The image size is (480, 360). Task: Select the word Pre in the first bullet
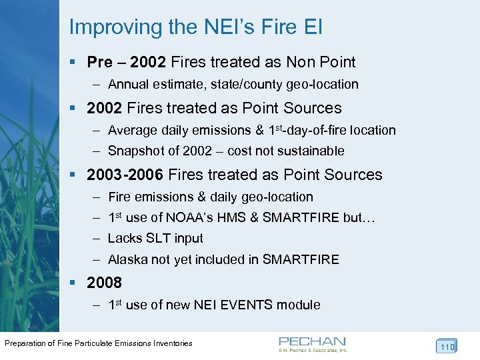pyautogui.click(x=100, y=63)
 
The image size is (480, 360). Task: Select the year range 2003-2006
pyautogui.click(x=125, y=175)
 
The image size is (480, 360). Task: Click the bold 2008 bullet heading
pyautogui.click(x=105, y=283)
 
